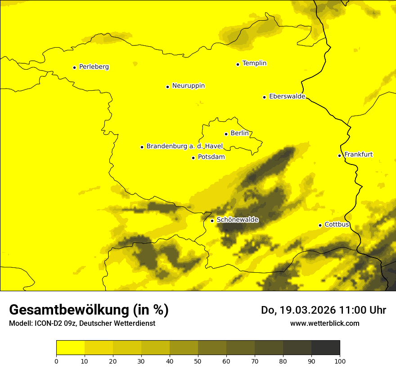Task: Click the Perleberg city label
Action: click(94, 67)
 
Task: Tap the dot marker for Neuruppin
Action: click(167, 87)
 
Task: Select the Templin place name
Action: click(254, 63)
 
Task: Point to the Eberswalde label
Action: click(287, 97)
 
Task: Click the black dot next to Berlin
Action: click(226, 134)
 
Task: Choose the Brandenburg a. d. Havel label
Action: click(184, 147)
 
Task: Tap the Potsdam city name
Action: click(211, 157)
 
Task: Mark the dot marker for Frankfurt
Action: click(340, 155)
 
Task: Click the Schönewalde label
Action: click(237, 220)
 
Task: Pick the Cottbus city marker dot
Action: click(320, 225)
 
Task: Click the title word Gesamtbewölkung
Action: click(69, 310)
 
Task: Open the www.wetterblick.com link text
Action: click(324, 323)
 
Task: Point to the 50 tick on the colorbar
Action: click(198, 360)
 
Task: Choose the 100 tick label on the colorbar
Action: click(340, 360)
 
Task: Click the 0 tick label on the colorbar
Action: click(56, 360)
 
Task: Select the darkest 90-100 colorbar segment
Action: click(325, 348)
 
